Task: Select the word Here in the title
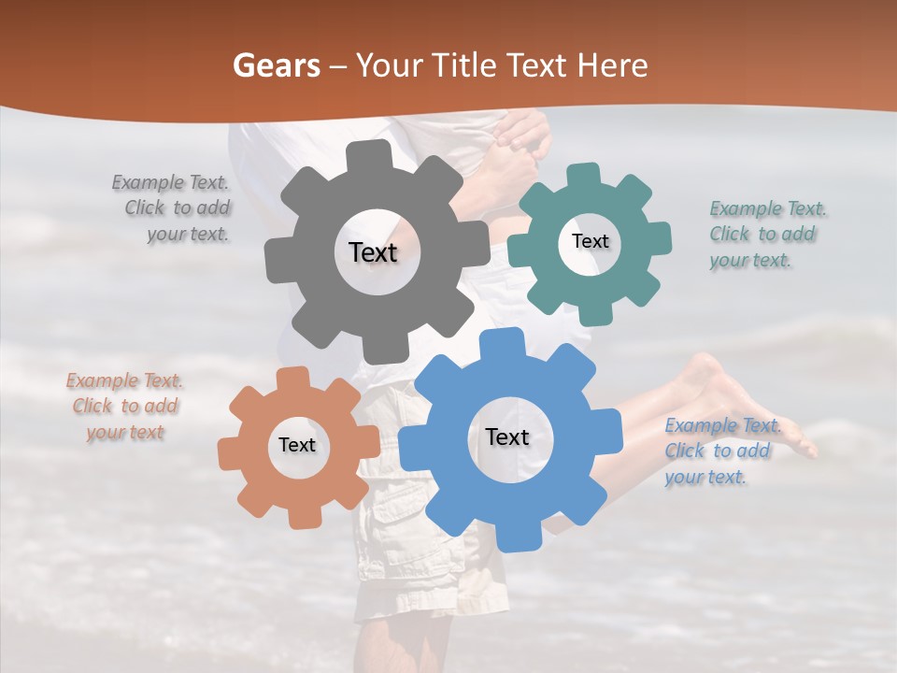pos(612,65)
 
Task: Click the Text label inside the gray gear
pos(373,252)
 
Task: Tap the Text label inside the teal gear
pos(590,241)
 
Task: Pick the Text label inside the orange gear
pos(297,446)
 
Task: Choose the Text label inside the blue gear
pos(507,437)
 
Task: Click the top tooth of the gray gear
pos(374,156)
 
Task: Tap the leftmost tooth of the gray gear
pos(278,254)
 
